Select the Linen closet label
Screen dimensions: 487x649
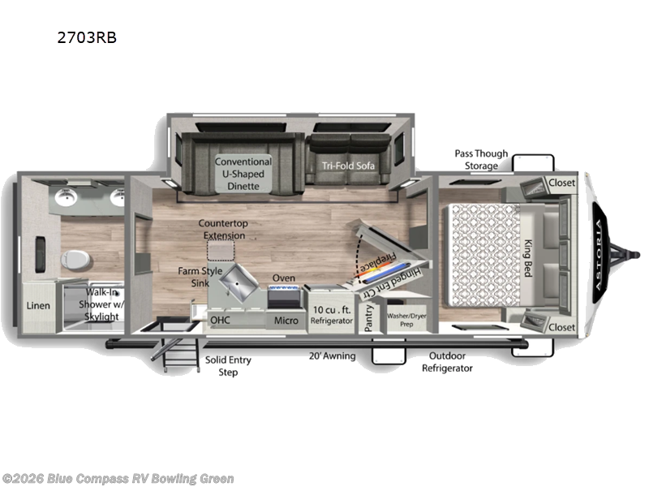point(39,306)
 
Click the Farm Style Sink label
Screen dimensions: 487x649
point(200,276)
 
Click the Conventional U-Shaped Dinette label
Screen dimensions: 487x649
point(243,174)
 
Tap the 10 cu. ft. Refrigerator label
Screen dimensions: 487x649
point(332,314)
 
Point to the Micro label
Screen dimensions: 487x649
point(286,321)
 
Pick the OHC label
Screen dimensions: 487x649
point(221,320)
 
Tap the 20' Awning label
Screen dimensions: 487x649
point(332,356)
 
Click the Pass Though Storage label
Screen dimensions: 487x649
point(481,159)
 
